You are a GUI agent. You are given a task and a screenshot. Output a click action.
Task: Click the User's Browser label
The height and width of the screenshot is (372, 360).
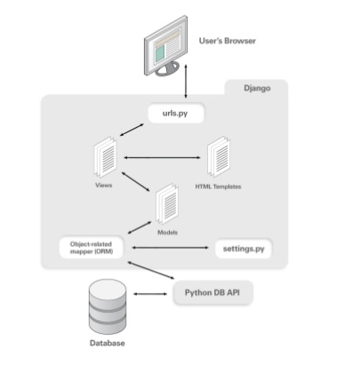(228, 41)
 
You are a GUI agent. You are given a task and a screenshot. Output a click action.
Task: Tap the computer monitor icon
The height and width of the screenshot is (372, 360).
(165, 46)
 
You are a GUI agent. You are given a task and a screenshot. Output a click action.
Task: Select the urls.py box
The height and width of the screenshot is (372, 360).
(176, 113)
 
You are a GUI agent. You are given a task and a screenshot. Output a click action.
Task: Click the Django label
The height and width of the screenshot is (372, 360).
(257, 88)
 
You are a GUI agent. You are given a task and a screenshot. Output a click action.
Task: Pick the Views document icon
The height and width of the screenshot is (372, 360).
(105, 157)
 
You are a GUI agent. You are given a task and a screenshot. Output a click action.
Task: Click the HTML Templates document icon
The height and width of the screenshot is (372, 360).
(219, 156)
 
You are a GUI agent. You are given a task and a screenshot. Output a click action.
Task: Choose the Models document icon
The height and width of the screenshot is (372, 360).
(167, 204)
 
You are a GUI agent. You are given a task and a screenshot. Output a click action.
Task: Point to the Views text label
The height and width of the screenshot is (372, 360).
(104, 186)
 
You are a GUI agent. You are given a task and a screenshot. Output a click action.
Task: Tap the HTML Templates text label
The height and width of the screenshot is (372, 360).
(218, 186)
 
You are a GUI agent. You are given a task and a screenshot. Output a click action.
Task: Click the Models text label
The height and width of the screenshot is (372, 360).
(168, 233)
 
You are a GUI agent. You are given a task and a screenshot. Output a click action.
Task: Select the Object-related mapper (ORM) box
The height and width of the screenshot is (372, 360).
(92, 248)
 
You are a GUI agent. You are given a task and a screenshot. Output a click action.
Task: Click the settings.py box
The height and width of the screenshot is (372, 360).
(244, 249)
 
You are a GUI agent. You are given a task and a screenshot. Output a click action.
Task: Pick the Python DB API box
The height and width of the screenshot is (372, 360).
(212, 293)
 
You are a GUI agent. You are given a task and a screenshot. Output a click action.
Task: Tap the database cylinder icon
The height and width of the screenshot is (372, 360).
(108, 306)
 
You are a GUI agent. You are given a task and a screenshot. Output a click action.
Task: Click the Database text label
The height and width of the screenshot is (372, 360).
(108, 344)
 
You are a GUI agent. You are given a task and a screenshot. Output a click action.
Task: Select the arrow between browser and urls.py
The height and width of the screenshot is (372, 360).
(186, 81)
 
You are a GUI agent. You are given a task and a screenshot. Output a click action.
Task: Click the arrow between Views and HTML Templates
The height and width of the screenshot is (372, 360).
(162, 158)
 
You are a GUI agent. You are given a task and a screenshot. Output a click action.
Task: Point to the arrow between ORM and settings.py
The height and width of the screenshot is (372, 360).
(170, 248)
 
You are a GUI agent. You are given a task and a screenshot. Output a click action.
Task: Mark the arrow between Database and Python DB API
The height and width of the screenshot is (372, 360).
(150, 294)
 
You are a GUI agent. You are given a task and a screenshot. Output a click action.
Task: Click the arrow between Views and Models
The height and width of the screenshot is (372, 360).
(136, 181)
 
